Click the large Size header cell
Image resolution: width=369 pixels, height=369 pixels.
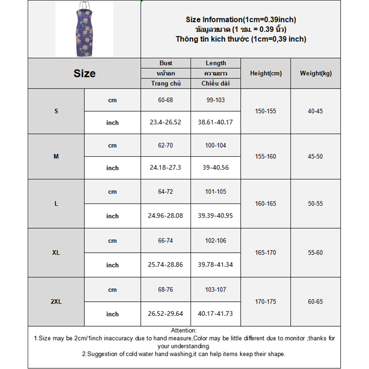click(84, 73)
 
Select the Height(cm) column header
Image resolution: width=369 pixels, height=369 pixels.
click(266, 73)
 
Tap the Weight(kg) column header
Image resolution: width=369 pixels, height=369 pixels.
click(315, 73)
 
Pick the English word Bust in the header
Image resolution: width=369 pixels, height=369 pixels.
click(166, 63)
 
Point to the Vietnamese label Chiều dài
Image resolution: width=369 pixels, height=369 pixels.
click(215, 83)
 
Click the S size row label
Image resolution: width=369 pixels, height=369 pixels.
click(56, 111)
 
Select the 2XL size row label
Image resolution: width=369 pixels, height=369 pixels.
click(56, 302)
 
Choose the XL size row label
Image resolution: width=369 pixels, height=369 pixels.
click(56, 253)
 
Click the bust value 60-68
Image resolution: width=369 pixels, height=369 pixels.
click(166, 100)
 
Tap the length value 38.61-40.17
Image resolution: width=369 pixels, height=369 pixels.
click(215, 123)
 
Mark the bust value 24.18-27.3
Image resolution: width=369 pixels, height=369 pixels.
click(166, 168)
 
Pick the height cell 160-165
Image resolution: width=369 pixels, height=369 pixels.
click(266, 203)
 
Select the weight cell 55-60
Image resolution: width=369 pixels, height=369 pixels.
click(315, 253)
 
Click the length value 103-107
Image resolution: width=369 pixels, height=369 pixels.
click(215, 290)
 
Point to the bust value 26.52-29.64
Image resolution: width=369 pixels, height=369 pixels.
click(166, 314)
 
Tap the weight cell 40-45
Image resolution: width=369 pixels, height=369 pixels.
click(315, 111)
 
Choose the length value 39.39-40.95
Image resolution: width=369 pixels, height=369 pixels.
click(215, 216)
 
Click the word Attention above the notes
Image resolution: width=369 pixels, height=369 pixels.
click(184, 330)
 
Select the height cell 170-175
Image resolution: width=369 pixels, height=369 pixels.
click(266, 302)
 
